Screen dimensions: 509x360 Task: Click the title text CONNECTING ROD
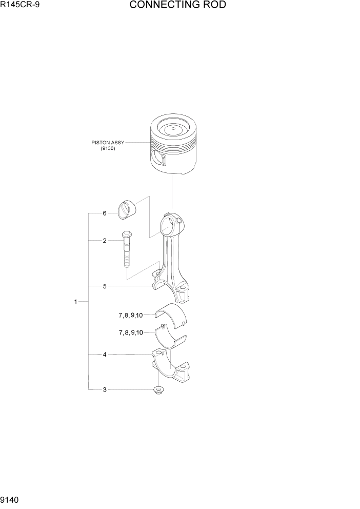coord(177,6)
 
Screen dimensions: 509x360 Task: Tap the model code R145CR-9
coord(20,6)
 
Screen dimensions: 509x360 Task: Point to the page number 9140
coord(11,499)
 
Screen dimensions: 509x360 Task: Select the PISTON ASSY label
coord(108,142)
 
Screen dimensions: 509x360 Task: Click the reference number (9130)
coord(108,149)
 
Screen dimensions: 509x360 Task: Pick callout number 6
coord(105,213)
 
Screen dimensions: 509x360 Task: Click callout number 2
coord(105,240)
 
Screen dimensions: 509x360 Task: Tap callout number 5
coord(105,286)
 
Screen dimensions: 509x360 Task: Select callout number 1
coord(75,302)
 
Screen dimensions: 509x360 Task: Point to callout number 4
coord(105,354)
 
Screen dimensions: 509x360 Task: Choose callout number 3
coord(105,390)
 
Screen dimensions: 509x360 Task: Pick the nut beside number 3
coord(158,390)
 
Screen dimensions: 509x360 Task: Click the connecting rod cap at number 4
coord(170,366)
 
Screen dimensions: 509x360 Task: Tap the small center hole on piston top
coord(174,128)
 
